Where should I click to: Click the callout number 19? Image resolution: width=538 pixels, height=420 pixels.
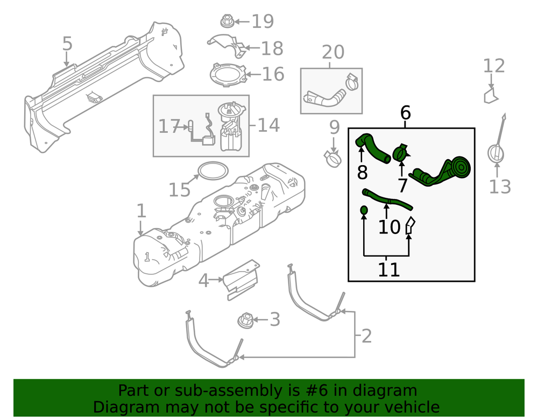click(263, 22)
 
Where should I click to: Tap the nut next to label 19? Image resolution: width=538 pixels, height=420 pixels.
click(226, 22)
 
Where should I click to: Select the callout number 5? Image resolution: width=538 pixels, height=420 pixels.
click(67, 44)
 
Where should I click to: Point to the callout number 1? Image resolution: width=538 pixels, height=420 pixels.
click(141, 211)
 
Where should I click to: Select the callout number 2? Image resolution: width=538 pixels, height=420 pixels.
click(366, 337)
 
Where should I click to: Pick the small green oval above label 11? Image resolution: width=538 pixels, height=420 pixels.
click(364, 210)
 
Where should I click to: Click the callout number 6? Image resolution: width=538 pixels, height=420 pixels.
click(405, 113)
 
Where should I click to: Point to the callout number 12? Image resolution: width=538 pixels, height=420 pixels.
click(494, 66)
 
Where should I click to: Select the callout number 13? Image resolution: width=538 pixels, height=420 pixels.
click(499, 187)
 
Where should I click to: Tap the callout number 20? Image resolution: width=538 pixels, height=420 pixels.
click(333, 53)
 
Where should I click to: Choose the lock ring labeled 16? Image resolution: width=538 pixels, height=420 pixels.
click(228, 75)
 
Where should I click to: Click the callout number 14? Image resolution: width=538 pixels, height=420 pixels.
click(268, 126)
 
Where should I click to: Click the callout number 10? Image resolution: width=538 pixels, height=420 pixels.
click(389, 227)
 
